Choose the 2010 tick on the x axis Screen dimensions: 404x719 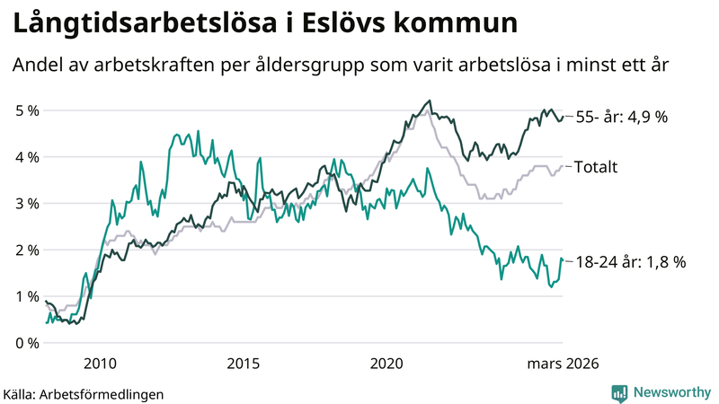pos(100,364)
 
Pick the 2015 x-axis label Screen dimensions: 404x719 pos(244,364)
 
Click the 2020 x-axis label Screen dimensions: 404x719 pos(387,364)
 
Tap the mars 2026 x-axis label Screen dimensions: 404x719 pos(563,364)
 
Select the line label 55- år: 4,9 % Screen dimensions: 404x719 pos(621,118)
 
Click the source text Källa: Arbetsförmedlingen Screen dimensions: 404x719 pos(84,393)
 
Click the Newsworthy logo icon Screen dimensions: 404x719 pos(619,391)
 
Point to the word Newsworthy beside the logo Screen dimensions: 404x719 pos(672,391)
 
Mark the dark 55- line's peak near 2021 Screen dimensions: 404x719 pos(430,101)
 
